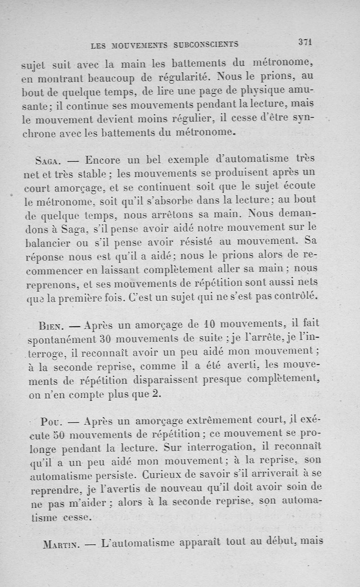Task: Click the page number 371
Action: coord(305,42)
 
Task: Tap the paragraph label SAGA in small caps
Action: coord(47,161)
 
